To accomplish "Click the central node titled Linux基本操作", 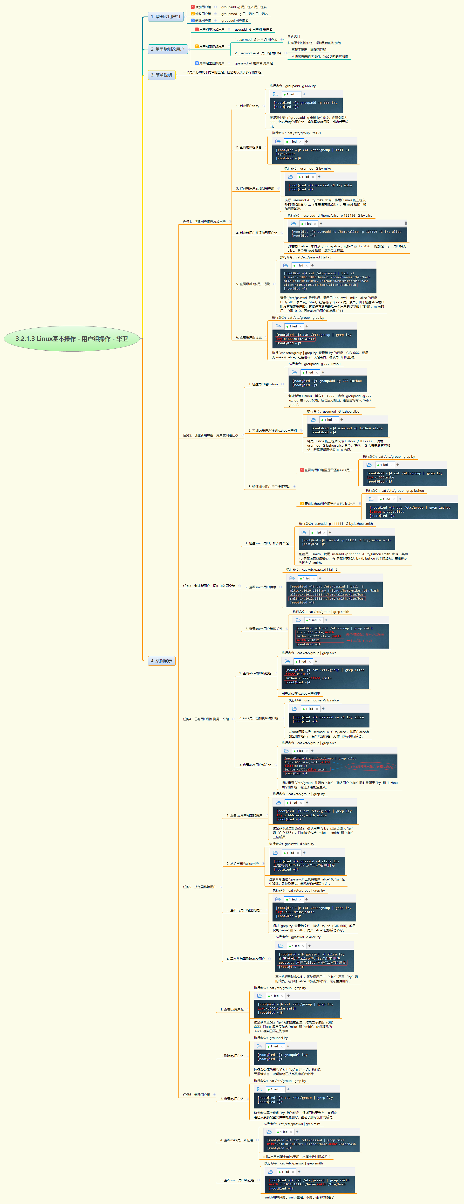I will [71, 338].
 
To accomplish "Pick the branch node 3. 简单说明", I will [161, 75].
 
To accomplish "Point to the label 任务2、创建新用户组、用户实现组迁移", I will [210, 435].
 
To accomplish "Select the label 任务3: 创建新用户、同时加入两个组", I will [209, 586].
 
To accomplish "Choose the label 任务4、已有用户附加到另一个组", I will [206, 719].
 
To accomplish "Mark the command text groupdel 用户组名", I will [235, 21].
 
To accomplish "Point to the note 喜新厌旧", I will [293, 36].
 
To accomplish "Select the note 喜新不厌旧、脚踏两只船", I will [308, 49].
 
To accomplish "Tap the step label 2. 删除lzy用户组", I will [232, 1056].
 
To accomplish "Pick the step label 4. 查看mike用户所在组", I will [236, 1140].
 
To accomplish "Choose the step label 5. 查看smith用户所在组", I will [237, 1180].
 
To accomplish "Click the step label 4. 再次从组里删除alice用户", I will [246, 959].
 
